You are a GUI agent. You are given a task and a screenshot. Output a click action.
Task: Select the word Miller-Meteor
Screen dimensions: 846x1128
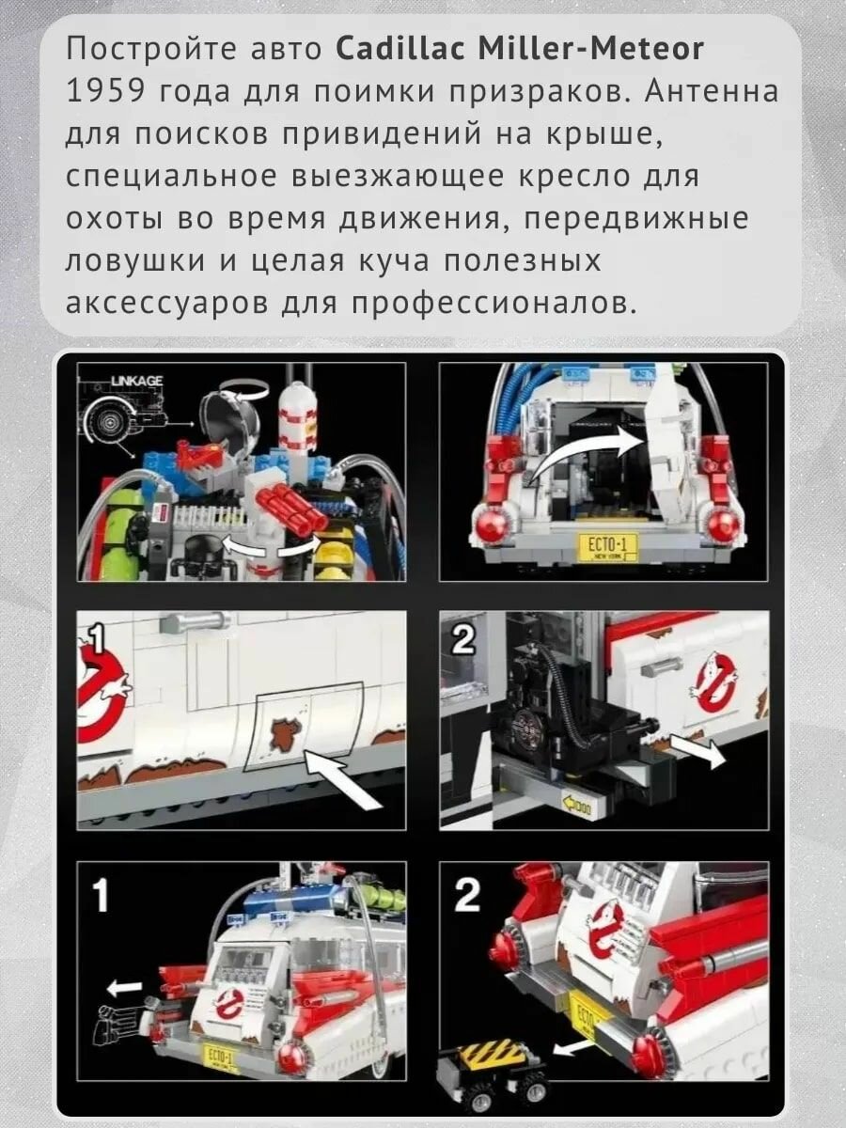[590, 49]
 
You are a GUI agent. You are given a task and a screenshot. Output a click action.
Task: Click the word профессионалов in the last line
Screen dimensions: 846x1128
[490, 305]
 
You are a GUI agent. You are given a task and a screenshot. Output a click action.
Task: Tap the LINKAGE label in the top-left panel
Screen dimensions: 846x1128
[137, 381]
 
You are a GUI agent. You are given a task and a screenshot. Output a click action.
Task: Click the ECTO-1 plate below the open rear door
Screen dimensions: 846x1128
[608, 547]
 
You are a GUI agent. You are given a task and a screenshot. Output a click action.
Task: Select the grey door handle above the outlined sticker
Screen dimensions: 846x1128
[193, 623]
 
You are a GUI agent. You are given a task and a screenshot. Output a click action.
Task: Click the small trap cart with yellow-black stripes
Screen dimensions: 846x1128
[491, 1061]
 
